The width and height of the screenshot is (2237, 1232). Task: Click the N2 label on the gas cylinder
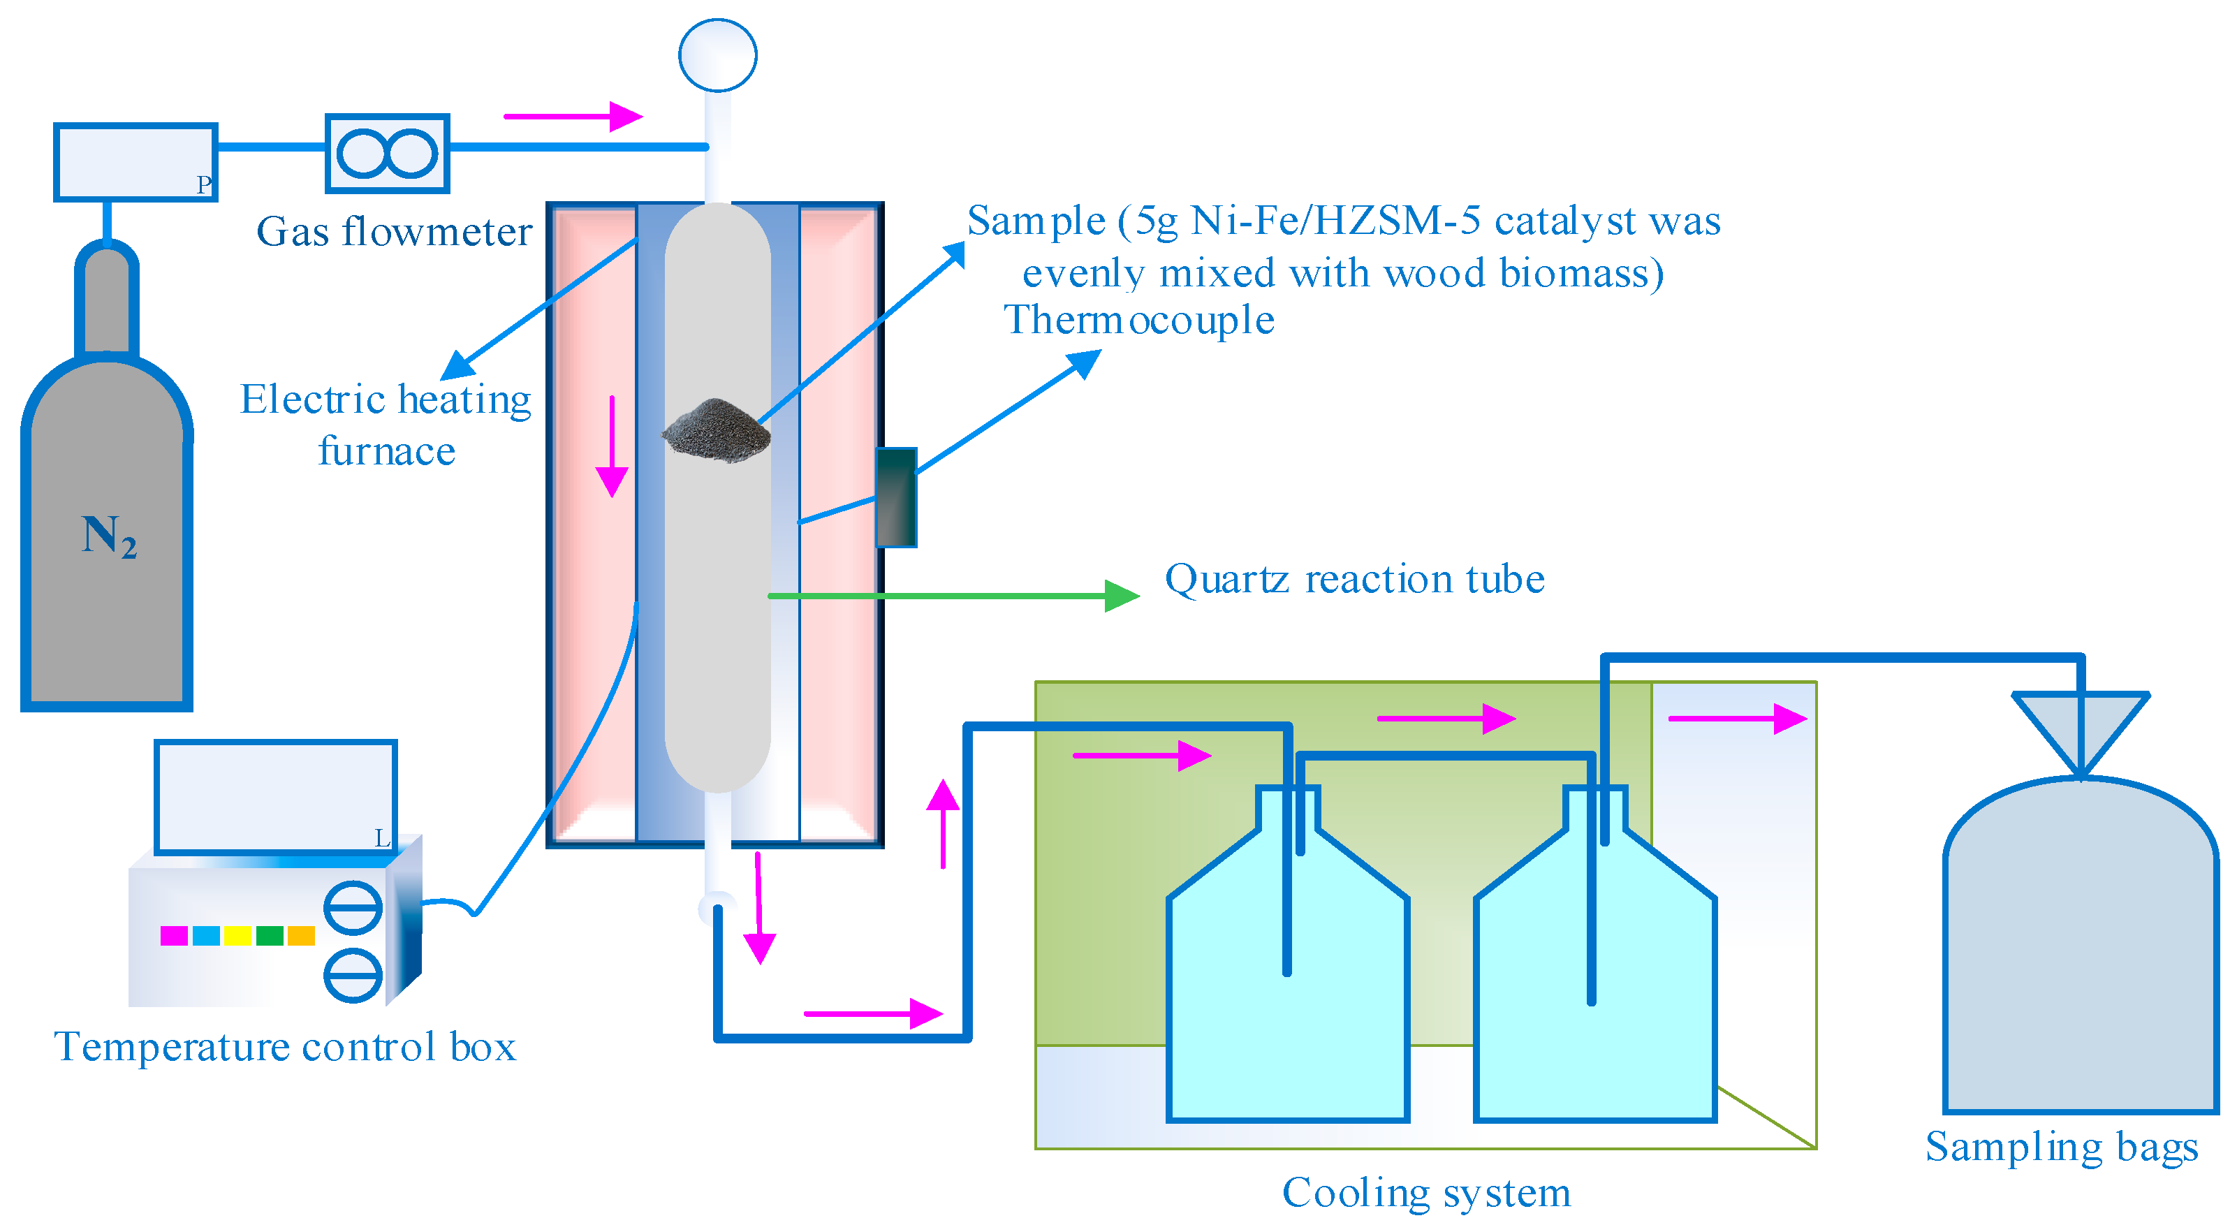point(108,536)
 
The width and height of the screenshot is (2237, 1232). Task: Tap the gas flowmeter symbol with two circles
point(388,154)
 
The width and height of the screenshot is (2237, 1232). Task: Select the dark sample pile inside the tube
point(717,430)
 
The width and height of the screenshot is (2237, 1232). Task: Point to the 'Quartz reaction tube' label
point(1354,579)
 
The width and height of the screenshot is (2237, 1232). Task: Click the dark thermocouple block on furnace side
point(896,497)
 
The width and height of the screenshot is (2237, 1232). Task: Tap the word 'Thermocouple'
point(1138,321)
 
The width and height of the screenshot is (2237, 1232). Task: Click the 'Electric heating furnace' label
point(386,425)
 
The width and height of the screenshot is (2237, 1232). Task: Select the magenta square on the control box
point(174,935)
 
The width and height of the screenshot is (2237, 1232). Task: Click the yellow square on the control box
point(237,935)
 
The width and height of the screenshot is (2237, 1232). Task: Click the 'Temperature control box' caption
point(285,1046)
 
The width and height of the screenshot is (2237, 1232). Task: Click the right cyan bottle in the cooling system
point(1594,999)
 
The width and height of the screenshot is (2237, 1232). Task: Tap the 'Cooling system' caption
point(1426,1192)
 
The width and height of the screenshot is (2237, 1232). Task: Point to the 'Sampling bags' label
point(2061,1147)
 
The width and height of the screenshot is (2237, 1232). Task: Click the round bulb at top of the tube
point(717,54)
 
